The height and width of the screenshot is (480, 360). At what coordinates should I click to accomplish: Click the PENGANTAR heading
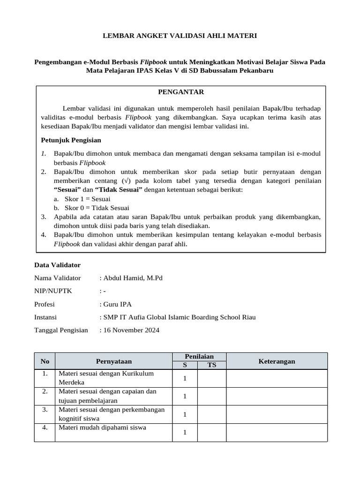[x=180, y=92]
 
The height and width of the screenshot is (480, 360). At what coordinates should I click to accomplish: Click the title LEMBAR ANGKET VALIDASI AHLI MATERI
[x=180, y=36]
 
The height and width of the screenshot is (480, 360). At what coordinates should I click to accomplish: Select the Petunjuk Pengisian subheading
[x=71, y=140]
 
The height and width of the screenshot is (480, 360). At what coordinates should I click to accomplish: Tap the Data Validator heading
[x=58, y=265]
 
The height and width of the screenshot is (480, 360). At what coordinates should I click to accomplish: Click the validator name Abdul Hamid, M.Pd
[x=133, y=278]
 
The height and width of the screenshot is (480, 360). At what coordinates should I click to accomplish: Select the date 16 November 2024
[x=131, y=330]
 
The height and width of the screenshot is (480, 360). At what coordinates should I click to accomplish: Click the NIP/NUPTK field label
[x=53, y=291]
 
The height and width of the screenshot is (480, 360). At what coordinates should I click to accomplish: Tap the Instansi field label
[x=45, y=317]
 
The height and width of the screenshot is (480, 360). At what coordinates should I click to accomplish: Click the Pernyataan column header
[x=113, y=361]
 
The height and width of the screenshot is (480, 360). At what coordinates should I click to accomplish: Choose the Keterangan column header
[x=277, y=361]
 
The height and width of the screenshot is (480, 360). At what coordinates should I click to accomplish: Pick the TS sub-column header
[x=212, y=365]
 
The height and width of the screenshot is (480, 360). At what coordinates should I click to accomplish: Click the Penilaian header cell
[x=199, y=357]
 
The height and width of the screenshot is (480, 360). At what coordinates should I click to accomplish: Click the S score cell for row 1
[x=185, y=378]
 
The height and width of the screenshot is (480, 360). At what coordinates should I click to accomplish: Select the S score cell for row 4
[x=185, y=432]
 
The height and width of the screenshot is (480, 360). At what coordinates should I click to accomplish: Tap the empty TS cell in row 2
[x=212, y=396]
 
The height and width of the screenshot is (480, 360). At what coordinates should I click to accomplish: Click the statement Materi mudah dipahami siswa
[x=102, y=427]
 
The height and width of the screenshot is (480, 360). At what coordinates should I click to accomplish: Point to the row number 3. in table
[x=45, y=410]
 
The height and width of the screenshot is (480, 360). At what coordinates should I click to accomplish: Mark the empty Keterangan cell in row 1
[x=277, y=378]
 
